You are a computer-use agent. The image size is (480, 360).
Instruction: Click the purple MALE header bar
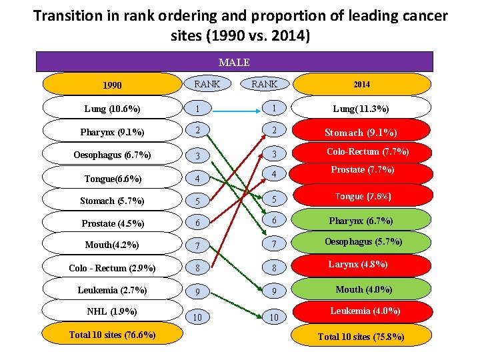(234, 62)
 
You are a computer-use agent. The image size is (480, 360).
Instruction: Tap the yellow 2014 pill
(362, 85)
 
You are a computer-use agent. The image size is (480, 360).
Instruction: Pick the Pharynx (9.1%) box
(112, 131)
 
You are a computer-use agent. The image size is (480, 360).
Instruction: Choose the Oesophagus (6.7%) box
(112, 155)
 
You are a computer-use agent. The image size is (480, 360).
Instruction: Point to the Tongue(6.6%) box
(112, 178)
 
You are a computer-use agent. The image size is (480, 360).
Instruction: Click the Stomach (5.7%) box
(112, 200)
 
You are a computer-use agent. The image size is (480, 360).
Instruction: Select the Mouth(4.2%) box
(112, 245)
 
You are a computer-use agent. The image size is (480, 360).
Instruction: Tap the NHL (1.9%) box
(112, 311)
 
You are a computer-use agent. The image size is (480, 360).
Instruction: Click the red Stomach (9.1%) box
(362, 132)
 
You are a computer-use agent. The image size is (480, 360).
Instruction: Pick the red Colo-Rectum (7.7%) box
(362, 152)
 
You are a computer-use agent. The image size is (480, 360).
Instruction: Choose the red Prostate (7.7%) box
(362, 171)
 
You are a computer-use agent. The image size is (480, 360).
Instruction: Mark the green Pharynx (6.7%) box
(362, 221)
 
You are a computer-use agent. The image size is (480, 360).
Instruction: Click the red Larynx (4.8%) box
(362, 265)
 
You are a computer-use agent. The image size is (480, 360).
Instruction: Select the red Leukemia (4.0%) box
(362, 311)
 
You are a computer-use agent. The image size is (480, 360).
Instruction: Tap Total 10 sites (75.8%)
(361, 337)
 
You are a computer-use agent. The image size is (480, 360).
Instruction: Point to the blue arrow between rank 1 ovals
(234, 107)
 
